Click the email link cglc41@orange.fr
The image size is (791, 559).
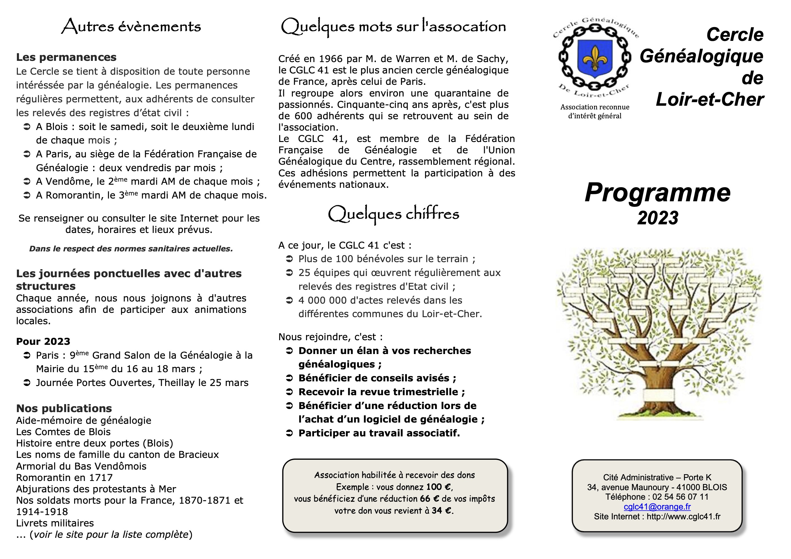point(657,506)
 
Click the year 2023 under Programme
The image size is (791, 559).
point(658,218)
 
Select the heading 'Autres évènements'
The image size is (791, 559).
point(131,26)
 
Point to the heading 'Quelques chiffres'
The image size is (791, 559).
point(393,214)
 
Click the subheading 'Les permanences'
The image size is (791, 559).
point(66,57)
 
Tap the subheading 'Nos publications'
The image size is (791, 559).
point(64,408)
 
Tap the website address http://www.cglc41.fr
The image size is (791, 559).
point(683,516)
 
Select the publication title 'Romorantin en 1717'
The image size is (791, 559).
point(64,478)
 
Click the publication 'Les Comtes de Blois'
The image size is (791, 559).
point(63,432)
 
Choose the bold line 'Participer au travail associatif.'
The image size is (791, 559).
point(379,433)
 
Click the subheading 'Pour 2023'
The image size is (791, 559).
point(43,341)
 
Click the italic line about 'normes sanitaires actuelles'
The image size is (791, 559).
point(131,249)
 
